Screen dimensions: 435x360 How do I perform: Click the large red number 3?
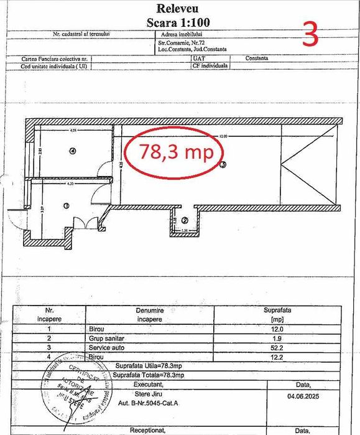pyautogui.click(x=310, y=35)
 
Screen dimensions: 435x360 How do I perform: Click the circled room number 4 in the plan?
pyautogui.click(x=73, y=151)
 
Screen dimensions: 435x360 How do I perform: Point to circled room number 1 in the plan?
pyautogui.click(x=66, y=205)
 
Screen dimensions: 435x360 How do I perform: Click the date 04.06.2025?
pyautogui.click(x=303, y=394)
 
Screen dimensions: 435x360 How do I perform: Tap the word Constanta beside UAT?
pyautogui.click(x=256, y=58)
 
